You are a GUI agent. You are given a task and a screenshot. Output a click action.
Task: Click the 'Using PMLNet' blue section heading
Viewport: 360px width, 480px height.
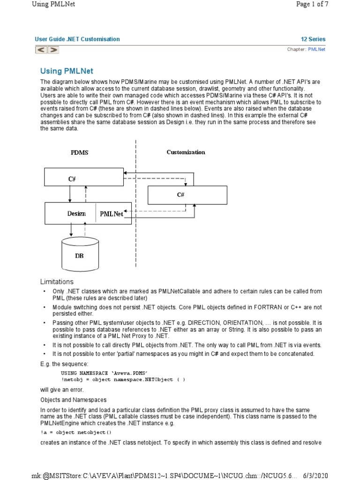(67, 71)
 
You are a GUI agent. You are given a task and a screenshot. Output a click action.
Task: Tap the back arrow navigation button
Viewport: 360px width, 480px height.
(41, 49)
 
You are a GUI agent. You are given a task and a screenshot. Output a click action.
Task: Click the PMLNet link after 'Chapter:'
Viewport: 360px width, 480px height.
(316, 49)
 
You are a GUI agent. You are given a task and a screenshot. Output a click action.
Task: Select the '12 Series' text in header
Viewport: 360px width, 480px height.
(313, 39)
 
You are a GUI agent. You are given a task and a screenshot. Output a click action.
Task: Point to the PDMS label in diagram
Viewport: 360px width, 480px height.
(79, 152)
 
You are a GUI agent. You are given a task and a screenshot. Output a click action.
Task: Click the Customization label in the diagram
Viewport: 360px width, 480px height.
(186, 152)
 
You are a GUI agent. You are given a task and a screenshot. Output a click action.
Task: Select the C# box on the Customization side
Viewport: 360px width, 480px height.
(187, 195)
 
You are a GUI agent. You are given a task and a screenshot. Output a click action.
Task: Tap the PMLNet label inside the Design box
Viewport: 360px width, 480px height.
(112, 214)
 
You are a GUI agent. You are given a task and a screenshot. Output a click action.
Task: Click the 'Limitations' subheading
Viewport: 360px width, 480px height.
(57, 282)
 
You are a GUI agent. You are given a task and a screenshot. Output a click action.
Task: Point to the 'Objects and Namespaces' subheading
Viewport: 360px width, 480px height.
(73, 400)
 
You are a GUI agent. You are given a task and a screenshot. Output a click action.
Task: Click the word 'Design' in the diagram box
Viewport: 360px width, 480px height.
(76, 214)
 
